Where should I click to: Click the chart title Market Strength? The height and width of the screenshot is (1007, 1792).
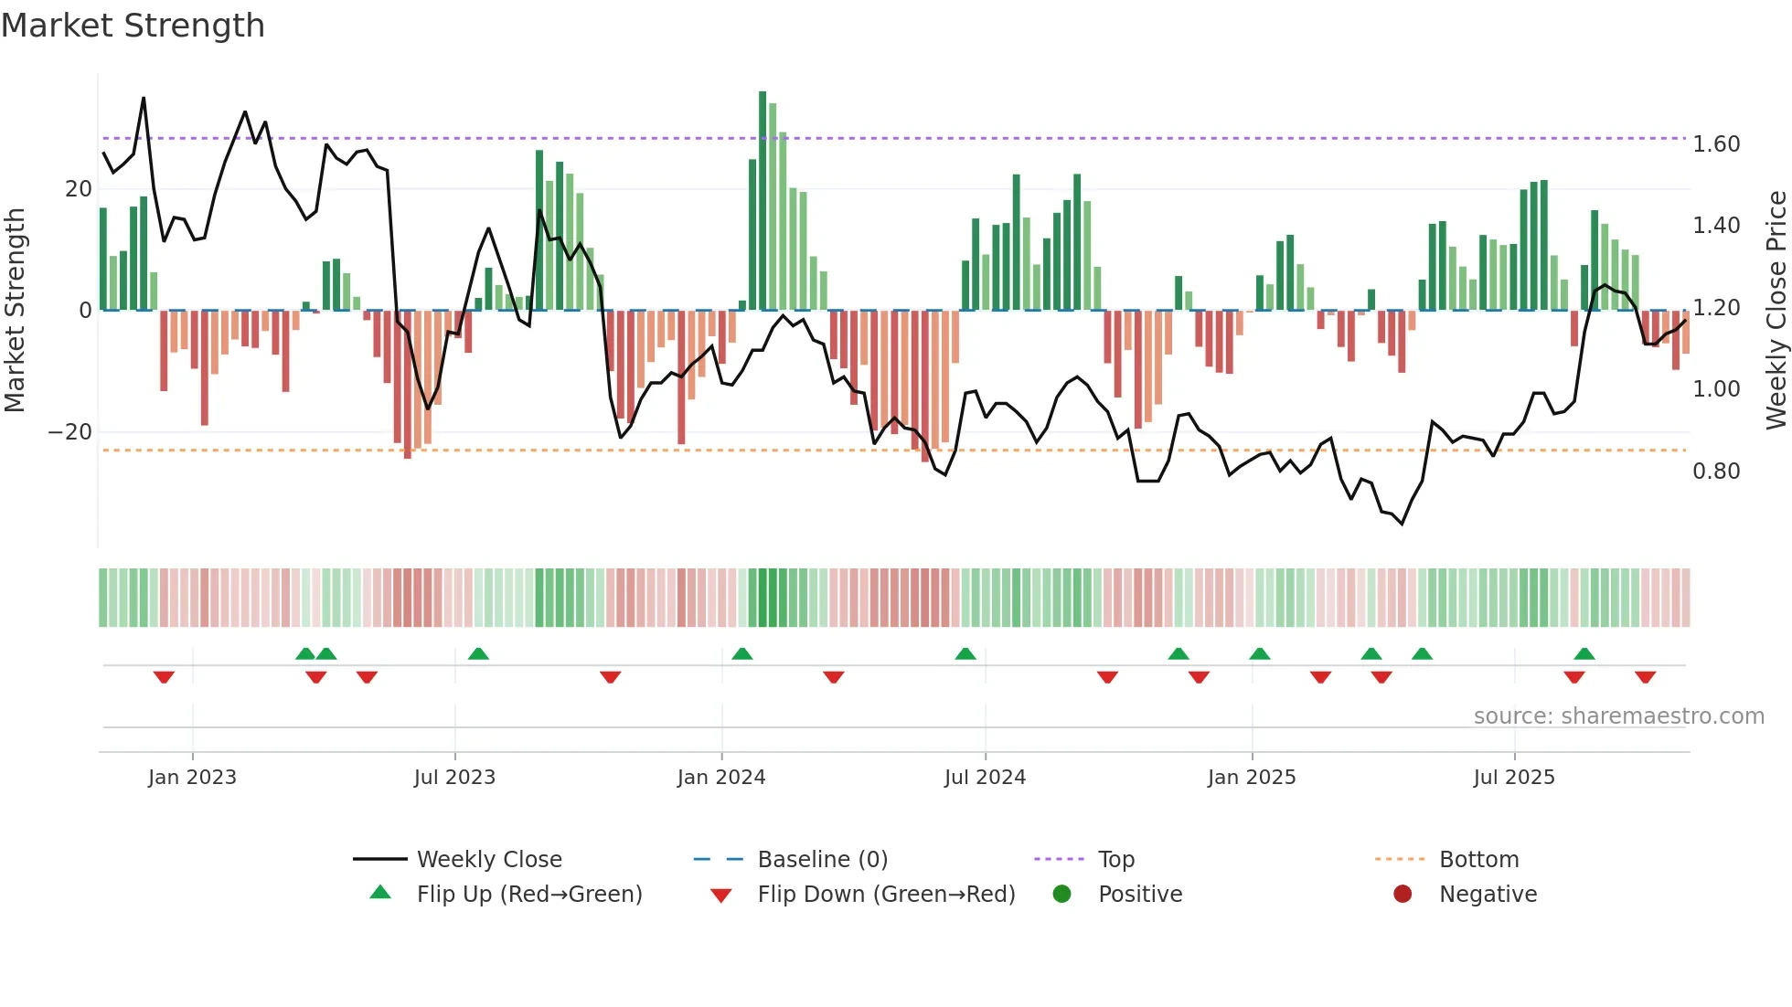pos(133,26)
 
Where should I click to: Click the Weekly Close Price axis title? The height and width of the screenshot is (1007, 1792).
pos(1776,310)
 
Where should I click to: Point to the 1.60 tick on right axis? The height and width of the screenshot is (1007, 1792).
pos(1715,144)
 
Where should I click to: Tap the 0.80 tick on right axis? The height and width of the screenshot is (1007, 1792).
pos(1715,472)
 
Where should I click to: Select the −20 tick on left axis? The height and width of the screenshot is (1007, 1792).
pos(70,432)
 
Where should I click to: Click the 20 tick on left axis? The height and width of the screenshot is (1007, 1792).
pos(79,189)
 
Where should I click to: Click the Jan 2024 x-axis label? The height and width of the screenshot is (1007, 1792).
pos(721,778)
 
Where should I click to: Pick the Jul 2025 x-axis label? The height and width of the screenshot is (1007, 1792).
pos(1514,778)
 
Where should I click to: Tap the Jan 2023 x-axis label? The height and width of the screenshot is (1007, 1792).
pos(192,778)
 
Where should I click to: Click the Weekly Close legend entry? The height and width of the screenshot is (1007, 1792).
pos(489,860)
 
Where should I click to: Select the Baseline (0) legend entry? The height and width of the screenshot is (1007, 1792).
pos(822,860)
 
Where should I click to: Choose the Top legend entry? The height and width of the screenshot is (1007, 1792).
pos(1115,860)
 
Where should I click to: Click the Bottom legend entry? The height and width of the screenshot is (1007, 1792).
pos(1478,860)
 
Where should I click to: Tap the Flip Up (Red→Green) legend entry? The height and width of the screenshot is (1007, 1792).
pos(529,895)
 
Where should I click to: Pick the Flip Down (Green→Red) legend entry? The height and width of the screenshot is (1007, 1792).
pos(886,895)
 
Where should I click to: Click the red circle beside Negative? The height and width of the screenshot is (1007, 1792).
pos(1403,894)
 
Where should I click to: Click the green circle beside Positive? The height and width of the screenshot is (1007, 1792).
pos(1061,894)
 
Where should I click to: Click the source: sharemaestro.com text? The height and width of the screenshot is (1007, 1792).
pos(1618,716)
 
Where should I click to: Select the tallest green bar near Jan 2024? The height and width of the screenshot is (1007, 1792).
pos(763,201)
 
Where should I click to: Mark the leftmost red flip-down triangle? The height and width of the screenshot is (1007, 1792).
pos(164,677)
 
